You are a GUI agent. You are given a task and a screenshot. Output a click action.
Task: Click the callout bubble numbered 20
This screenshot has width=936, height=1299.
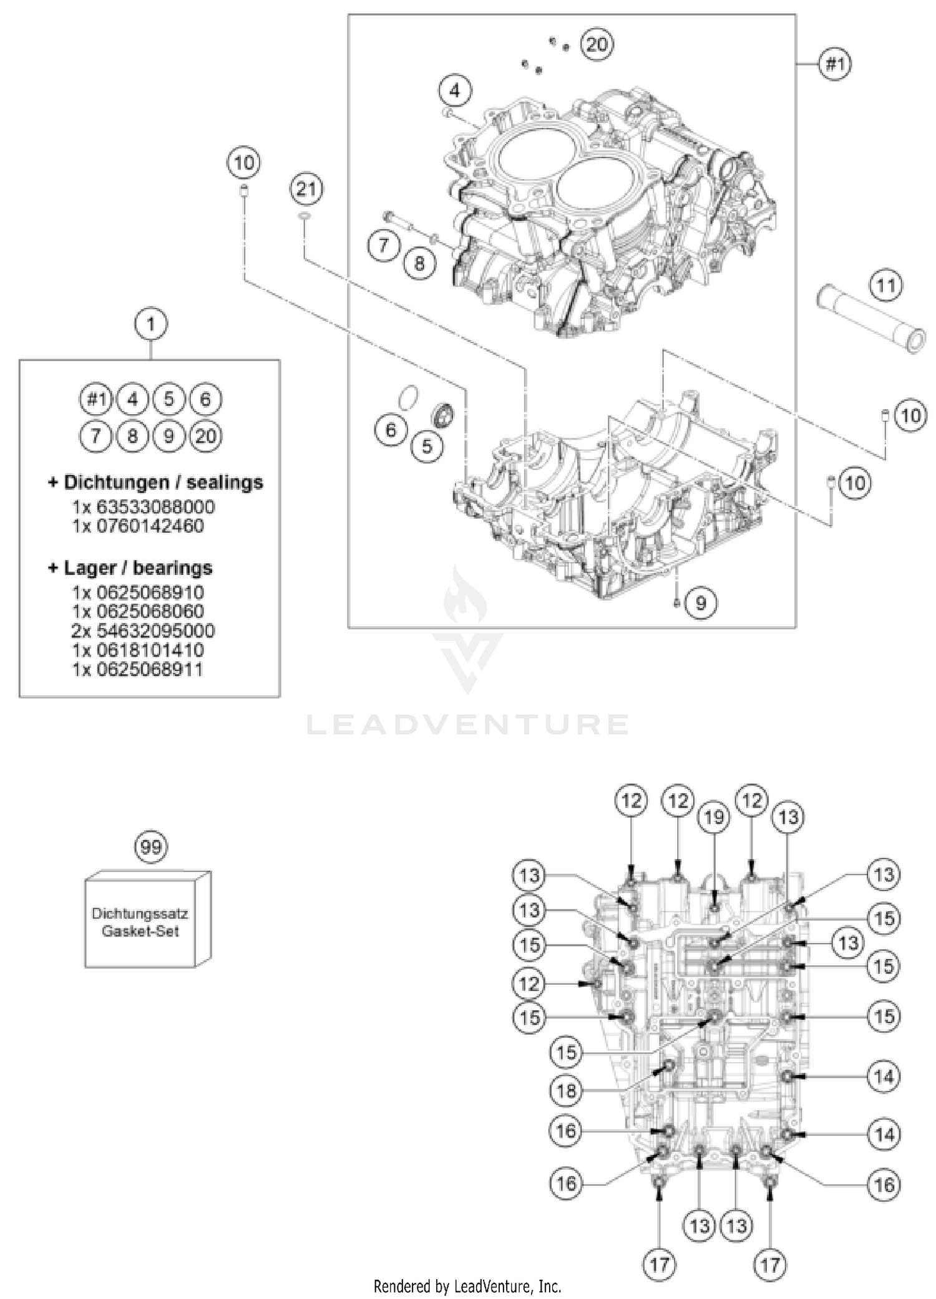click(x=597, y=44)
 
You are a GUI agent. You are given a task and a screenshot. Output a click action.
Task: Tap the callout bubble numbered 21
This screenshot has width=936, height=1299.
click(x=306, y=188)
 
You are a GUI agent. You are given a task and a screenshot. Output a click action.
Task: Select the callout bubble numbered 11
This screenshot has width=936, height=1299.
click(x=886, y=286)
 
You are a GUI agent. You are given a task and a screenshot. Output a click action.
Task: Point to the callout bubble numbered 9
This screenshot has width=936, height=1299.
click(x=701, y=602)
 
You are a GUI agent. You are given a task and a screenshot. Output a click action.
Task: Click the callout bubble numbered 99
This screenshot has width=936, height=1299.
click(x=151, y=846)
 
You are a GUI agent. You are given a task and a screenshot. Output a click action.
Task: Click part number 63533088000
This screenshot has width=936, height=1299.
click(x=155, y=506)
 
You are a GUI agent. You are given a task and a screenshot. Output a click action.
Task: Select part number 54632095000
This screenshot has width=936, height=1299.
click(x=155, y=630)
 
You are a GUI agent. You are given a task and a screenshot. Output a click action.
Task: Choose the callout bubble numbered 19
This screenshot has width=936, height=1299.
click(x=713, y=816)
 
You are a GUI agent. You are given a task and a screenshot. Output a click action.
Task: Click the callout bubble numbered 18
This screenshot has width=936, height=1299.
click(x=566, y=1090)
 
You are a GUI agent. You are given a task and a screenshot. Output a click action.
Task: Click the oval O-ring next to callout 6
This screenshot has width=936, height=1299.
click(x=408, y=398)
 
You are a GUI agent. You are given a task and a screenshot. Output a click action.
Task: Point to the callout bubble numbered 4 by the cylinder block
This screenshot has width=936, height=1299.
click(x=455, y=91)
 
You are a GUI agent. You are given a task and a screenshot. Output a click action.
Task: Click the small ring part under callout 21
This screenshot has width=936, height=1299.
click(x=304, y=216)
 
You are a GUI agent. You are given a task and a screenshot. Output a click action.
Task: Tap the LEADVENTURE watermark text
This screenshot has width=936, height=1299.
click(x=467, y=725)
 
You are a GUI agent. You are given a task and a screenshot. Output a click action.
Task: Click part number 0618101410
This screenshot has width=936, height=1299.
click(x=150, y=650)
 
